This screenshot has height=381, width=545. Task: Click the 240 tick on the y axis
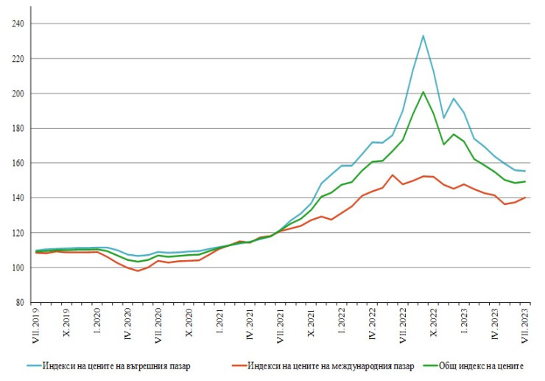pyautogui.click(x=18, y=24)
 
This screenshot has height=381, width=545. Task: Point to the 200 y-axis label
pyautogui.click(x=18, y=94)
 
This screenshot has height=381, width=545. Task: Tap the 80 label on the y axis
pyautogui.click(x=20, y=302)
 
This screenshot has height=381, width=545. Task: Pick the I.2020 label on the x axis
pyautogui.click(x=98, y=322)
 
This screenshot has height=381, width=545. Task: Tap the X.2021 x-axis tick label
pyautogui.click(x=311, y=323)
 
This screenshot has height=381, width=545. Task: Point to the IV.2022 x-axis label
pyautogui.click(x=373, y=324)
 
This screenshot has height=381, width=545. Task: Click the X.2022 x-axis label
pyautogui.click(x=434, y=323)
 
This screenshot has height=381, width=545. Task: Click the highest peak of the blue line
pyautogui.click(x=423, y=35)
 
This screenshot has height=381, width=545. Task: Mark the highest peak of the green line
pyautogui.click(x=423, y=92)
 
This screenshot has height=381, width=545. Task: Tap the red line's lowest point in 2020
pyautogui.click(x=138, y=270)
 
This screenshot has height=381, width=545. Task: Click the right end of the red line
pyautogui.click(x=525, y=198)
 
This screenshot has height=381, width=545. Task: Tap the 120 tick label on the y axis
pyautogui.click(x=18, y=233)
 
